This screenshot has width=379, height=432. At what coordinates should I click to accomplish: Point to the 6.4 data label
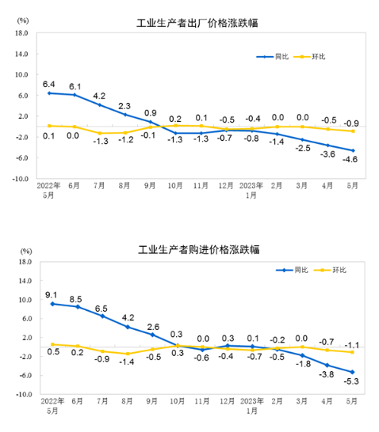48,84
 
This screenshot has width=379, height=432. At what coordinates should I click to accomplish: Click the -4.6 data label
348,160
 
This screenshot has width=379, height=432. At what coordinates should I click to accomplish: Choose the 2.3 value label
124,106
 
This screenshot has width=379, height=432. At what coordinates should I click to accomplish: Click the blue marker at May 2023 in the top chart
353,150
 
